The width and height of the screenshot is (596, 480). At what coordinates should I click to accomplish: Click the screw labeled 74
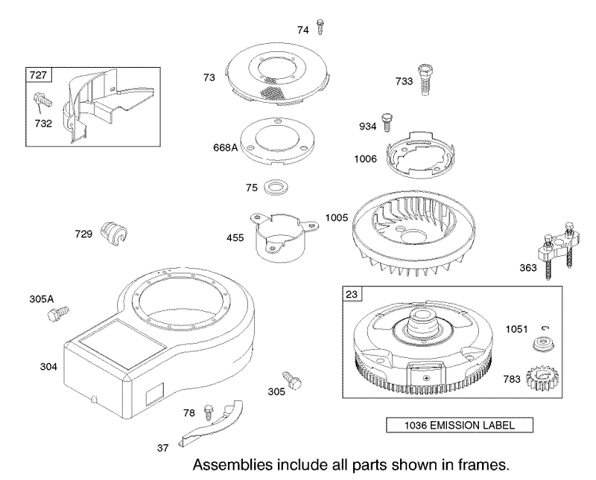(320, 28)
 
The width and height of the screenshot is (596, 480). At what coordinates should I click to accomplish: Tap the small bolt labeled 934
(387, 122)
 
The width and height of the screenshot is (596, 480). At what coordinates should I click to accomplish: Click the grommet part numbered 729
(114, 231)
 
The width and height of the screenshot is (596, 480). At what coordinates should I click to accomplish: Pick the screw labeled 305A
(59, 313)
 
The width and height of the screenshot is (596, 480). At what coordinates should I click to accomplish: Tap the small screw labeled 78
(209, 412)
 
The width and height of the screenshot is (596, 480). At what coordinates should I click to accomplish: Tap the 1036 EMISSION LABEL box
(460, 425)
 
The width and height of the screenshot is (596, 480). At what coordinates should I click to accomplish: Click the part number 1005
(337, 217)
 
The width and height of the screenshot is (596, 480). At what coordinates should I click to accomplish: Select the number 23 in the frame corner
(352, 294)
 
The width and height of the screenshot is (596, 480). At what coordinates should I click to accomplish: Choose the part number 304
(48, 366)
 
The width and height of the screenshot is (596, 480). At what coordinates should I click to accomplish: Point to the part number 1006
(365, 159)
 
